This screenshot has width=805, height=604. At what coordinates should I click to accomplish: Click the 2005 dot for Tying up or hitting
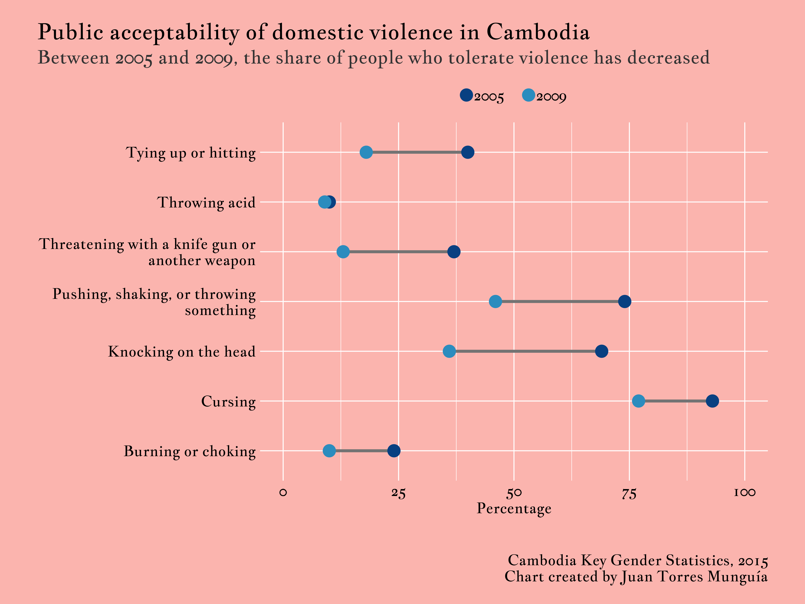pyautogui.click(x=468, y=152)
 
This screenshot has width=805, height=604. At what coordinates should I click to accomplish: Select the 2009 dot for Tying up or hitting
pyautogui.click(x=366, y=152)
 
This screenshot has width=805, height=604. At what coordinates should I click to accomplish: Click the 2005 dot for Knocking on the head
pyautogui.click(x=602, y=351)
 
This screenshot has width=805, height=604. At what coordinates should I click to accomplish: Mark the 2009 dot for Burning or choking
pyautogui.click(x=329, y=451)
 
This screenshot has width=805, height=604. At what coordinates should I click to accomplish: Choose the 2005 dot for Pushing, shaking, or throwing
pyautogui.click(x=625, y=301)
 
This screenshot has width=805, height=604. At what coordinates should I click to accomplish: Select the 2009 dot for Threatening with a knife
pyautogui.click(x=343, y=252)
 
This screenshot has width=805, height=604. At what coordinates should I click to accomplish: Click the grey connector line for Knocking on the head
pyautogui.click(x=524, y=351)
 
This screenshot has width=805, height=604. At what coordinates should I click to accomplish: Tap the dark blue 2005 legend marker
pyautogui.click(x=466, y=95)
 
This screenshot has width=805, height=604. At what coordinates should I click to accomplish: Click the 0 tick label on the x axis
pyautogui.click(x=283, y=493)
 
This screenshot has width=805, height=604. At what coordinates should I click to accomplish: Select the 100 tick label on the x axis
pyautogui.click(x=744, y=493)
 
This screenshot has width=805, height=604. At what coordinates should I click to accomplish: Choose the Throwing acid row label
pyautogui.click(x=206, y=202)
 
